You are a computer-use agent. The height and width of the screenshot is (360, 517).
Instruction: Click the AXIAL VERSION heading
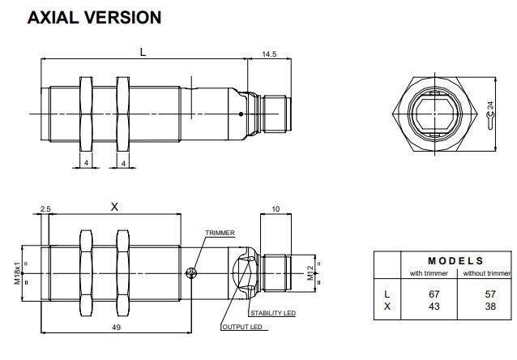pyautogui.click(x=94, y=17)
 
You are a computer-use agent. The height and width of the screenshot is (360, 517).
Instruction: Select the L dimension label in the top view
pyautogui.click(x=143, y=52)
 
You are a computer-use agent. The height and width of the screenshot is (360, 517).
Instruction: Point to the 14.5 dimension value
pyautogui.click(x=269, y=54)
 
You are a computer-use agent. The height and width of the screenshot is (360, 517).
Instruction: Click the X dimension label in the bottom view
pyautogui.click(x=114, y=208)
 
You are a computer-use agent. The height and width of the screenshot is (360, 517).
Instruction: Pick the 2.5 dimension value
pyautogui.click(x=45, y=208)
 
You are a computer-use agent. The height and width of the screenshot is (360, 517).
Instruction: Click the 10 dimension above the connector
pyautogui.click(x=276, y=208)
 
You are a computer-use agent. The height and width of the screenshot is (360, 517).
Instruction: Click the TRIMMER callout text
pyautogui.click(x=220, y=233)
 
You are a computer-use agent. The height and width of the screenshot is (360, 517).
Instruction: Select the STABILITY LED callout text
pyautogui.click(x=271, y=312)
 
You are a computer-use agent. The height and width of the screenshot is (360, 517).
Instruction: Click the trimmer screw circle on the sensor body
pyautogui.click(x=191, y=272)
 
